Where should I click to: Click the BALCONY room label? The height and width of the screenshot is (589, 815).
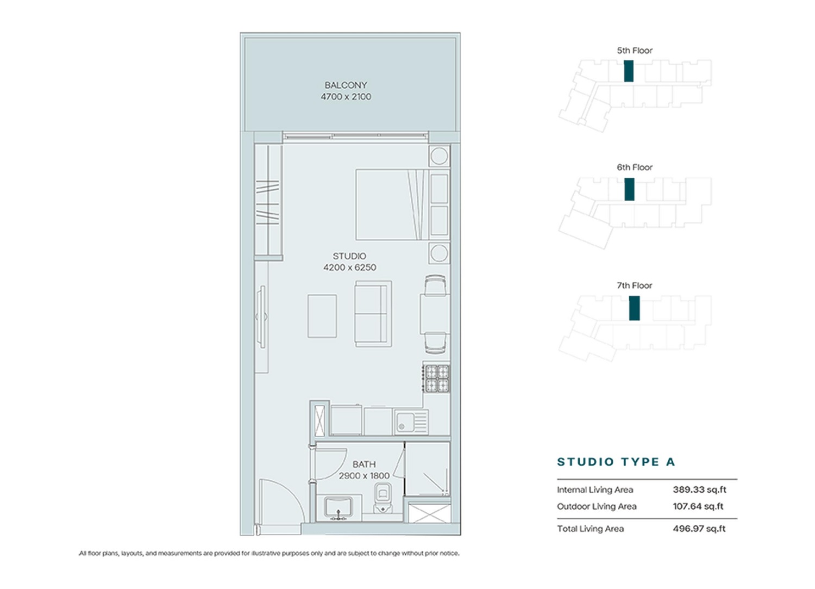tap(346, 85)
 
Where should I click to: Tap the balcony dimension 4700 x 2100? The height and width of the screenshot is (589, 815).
tap(346, 97)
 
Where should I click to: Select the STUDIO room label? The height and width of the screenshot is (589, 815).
tap(349, 256)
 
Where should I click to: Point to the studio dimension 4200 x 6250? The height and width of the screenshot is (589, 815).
tap(349, 268)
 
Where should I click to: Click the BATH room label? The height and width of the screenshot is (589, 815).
tap(363, 464)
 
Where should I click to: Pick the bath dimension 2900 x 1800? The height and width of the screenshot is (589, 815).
tap(364, 476)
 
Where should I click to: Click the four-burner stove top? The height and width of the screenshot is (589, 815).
tap(437, 379)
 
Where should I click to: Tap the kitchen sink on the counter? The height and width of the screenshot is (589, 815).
tap(411, 422)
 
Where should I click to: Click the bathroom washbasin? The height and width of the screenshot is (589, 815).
tap(338, 508)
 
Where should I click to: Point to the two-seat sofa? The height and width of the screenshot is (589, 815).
tap(373, 314)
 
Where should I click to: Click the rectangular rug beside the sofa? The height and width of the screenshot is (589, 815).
tap(322, 316)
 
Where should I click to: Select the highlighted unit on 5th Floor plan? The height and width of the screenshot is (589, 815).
tap(629, 71)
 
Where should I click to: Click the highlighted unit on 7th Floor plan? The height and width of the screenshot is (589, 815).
tap(634, 308)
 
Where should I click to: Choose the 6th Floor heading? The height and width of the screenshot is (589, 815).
tap(634, 168)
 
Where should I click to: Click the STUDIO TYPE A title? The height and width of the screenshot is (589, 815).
tap(616, 462)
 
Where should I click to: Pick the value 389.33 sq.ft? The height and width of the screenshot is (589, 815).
tap(699, 489)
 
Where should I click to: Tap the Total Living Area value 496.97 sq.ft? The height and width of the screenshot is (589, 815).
tap(699, 529)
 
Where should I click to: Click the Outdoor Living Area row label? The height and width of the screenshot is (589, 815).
tap(597, 506)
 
